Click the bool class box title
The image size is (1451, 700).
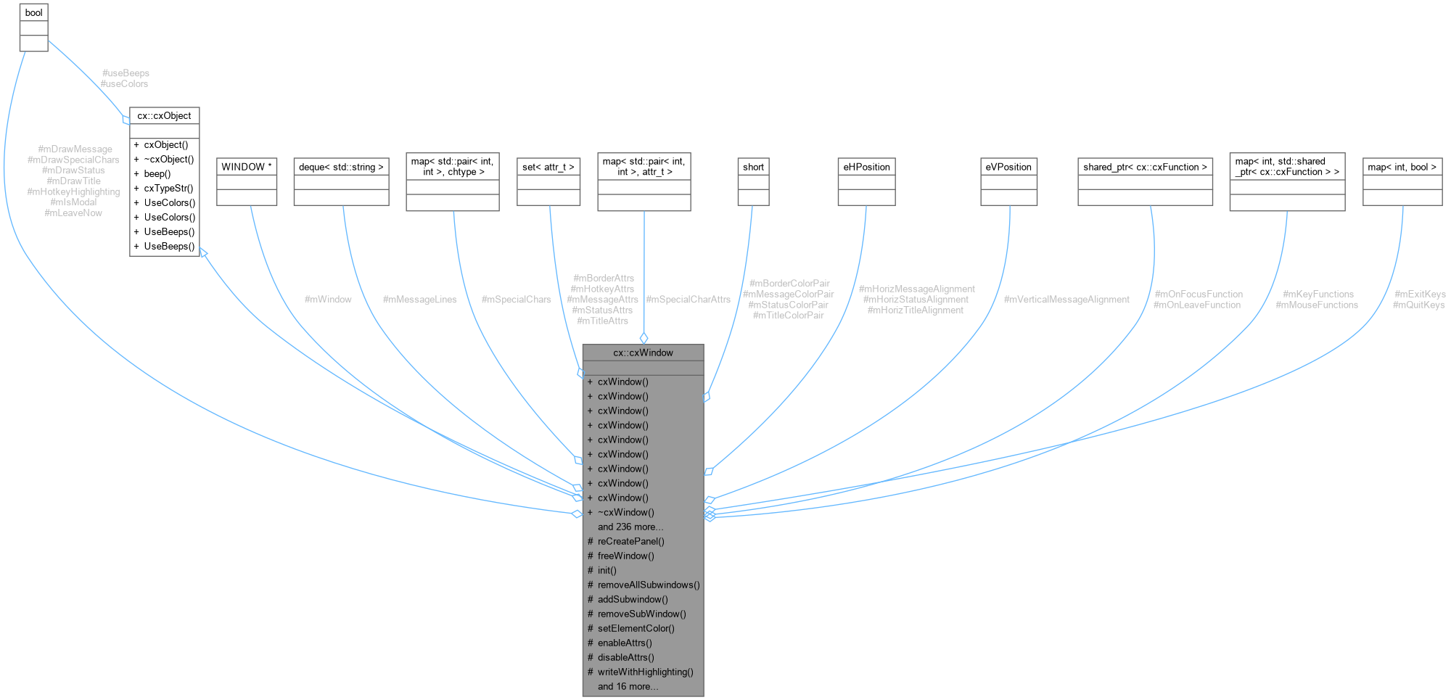33,13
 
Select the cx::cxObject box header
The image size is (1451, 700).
164,116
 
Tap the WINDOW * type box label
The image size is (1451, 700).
247,167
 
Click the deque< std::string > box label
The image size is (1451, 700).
341,167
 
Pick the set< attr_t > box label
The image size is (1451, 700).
548,167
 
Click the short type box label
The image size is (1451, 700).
753,167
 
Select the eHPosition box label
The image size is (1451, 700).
866,167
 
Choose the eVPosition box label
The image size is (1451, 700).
1008,167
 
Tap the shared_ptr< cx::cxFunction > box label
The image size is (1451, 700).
1145,167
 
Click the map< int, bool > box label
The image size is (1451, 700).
1402,167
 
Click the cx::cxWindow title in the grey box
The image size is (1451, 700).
643,353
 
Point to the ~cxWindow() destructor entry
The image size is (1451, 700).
625,512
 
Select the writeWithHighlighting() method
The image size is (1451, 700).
645,672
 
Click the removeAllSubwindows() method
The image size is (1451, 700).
649,585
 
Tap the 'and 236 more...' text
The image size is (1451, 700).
630,527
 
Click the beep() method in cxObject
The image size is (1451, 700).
157,174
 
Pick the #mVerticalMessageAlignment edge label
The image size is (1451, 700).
1066,300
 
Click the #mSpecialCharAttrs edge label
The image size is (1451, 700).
688,300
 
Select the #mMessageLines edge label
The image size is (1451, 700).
419,300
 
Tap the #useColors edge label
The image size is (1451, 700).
125,84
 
